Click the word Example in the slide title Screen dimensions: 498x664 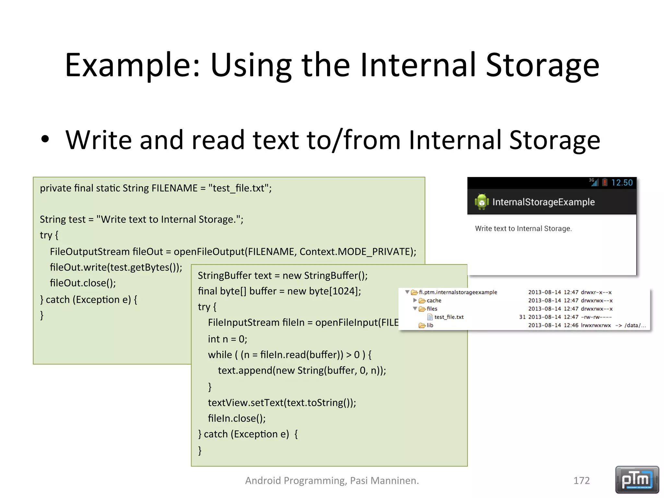131,65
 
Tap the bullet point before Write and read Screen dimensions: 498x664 45,139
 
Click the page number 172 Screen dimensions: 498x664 581,480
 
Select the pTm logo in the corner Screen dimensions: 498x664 637,480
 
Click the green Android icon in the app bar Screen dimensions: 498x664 481,202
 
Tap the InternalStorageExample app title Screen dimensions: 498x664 543,202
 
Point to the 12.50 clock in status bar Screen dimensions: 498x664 622,183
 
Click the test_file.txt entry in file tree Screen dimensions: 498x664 449,317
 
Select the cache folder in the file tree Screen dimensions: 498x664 433,301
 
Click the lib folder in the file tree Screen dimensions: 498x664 429,325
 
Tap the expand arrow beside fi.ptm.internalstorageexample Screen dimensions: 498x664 407,292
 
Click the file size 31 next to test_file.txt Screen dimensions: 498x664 522,317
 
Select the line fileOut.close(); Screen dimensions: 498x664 83,283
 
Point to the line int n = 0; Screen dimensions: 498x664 227,339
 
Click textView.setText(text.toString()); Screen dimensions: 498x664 282,403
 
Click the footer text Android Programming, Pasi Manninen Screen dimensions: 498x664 332,480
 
